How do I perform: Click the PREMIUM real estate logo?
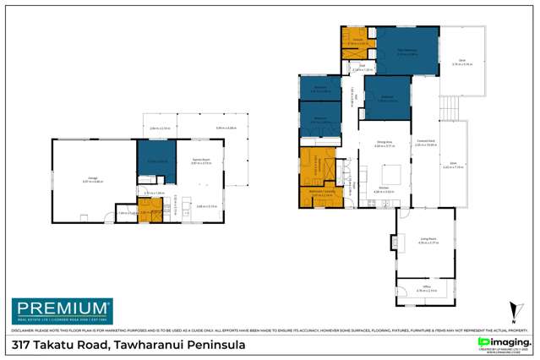point(60,309)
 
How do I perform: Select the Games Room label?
point(199,160)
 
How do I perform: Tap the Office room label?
point(427,289)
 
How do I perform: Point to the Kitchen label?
point(381,189)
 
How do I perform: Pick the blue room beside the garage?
point(156,160)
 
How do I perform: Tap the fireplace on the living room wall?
point(390,243)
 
